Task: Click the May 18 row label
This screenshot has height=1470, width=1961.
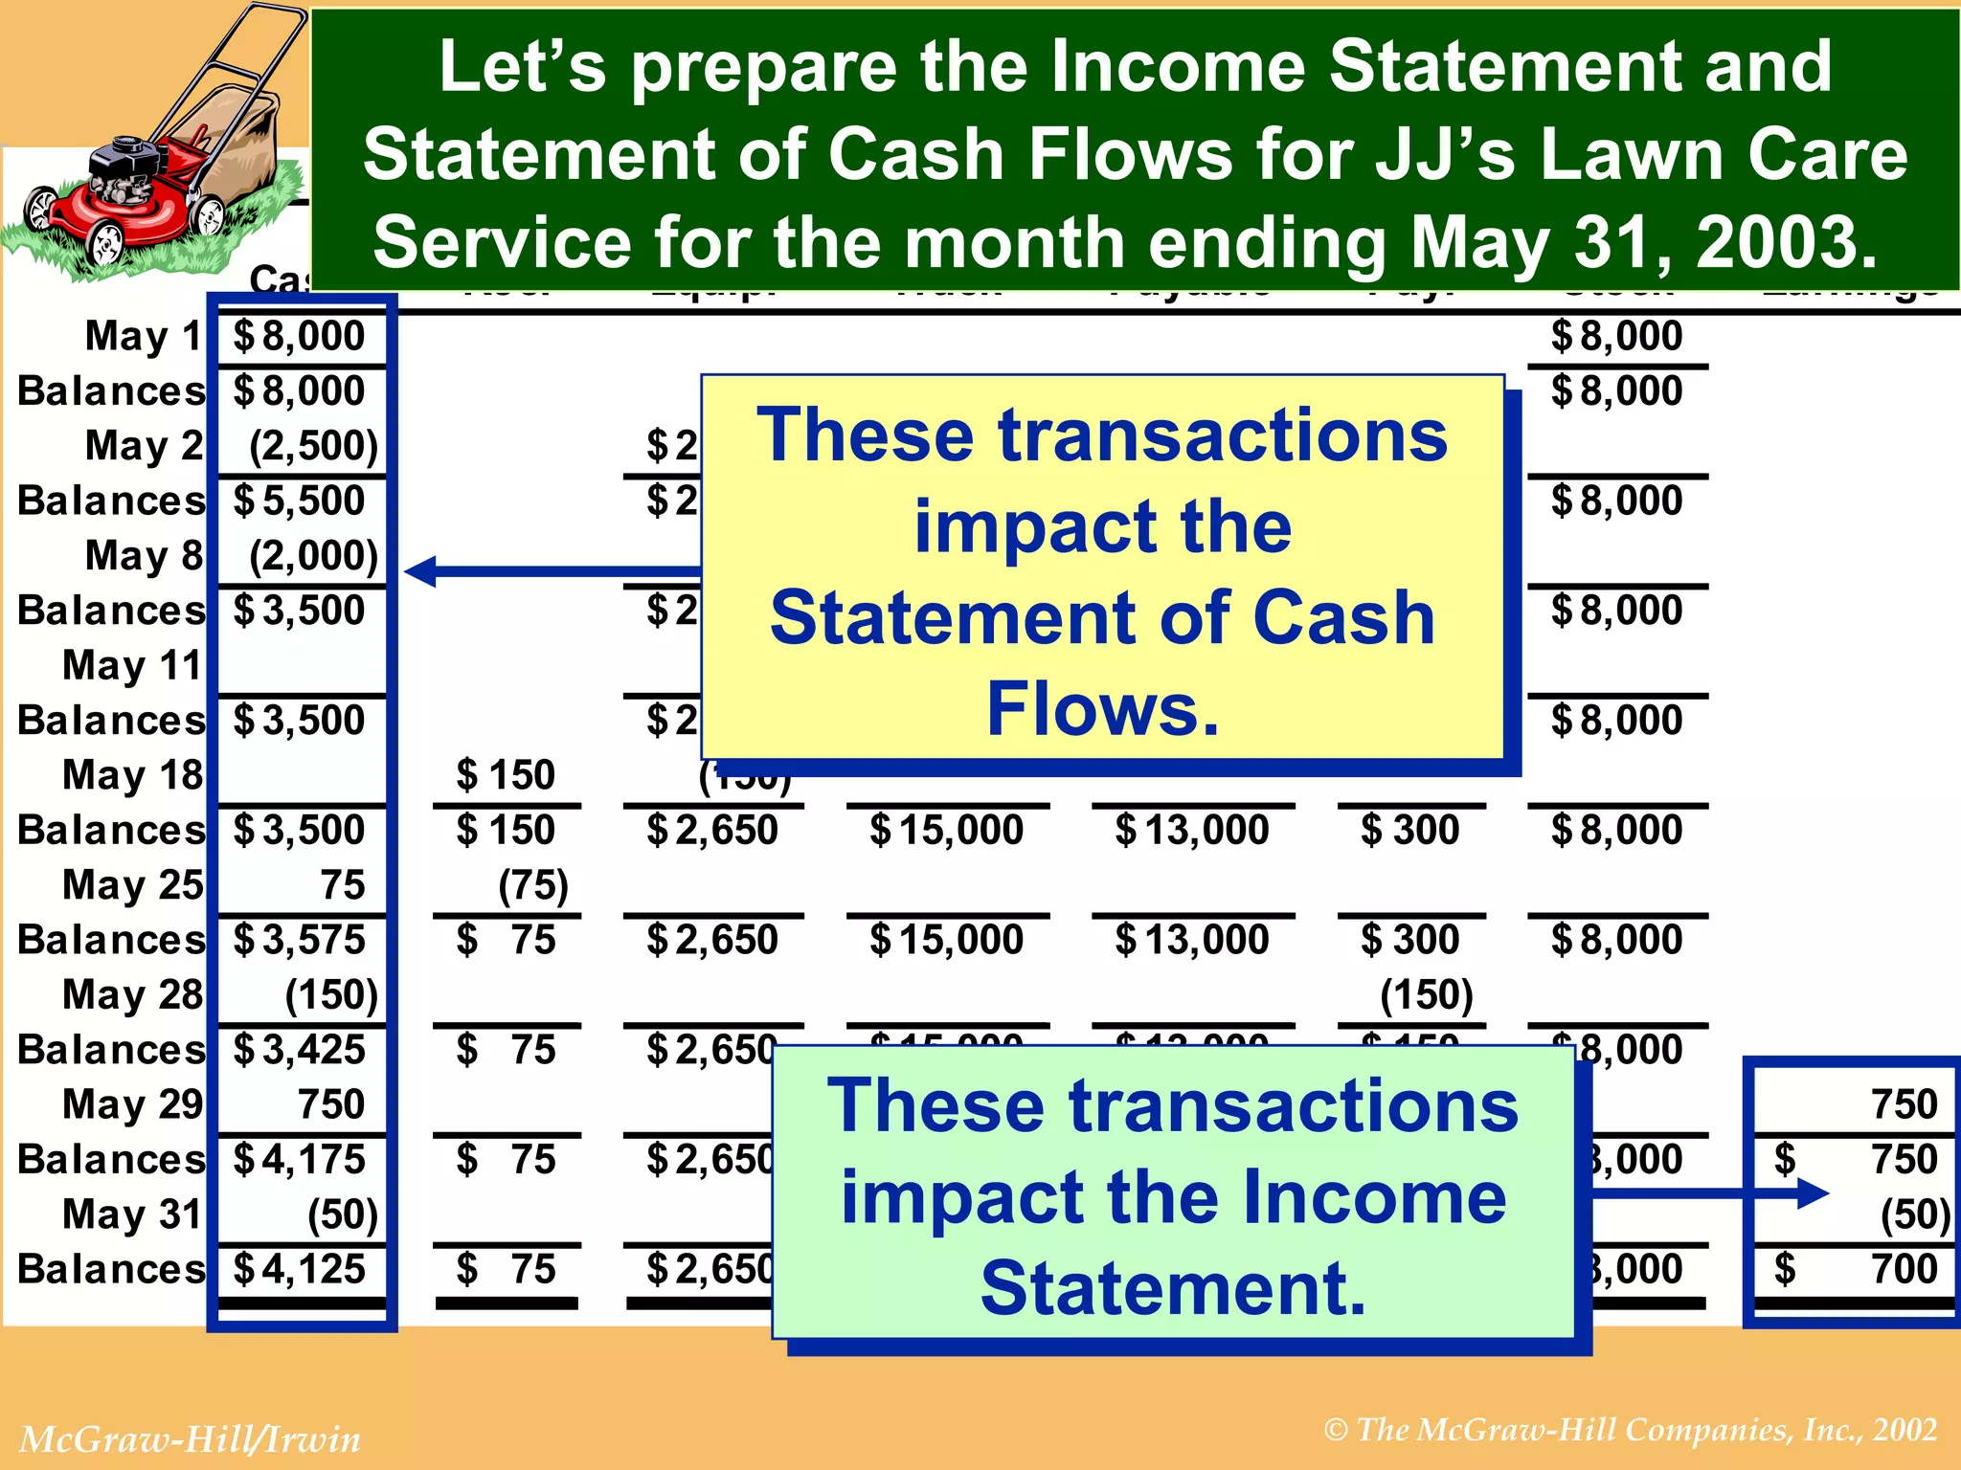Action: click(x=132, y=775)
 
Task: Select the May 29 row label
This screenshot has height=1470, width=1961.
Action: click(x=132, y=1104)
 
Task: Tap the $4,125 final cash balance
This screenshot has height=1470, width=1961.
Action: click(x=300, y=1269)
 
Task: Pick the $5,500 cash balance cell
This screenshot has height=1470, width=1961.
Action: click(x=300, y=501)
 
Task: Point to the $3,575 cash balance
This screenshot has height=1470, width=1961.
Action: click(x=300, y=940)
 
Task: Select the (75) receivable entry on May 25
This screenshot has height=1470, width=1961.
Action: click(x=532, y=885)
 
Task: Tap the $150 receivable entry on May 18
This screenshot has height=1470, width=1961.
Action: click(x=506, y=775)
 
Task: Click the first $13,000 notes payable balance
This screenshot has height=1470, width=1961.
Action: click(x=1191, y=830)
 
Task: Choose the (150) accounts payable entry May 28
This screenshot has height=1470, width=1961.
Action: click(x=1426, y=995)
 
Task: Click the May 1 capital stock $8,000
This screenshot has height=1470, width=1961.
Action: click(x=1616, y=336)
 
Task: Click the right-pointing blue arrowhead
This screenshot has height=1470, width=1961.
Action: click(x=1812, y=1193)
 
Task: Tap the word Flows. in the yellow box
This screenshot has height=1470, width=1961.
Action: click(x=1103, y=709)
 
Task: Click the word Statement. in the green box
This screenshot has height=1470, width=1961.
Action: click(x=1173, y=1287)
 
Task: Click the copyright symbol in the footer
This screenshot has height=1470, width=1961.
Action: click(x=1336, y=1430)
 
